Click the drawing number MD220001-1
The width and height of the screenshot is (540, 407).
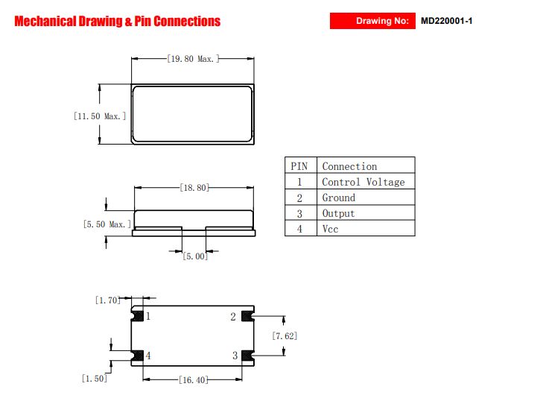[x=446, y=21]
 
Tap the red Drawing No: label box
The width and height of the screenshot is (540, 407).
[x=372, y=21]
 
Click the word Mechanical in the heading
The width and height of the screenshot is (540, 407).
[x=45, y=22]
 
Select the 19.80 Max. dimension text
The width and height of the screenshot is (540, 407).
[x=193, y=59]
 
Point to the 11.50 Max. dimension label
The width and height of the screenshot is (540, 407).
[x=100, y=116]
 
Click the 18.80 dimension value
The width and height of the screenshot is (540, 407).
[x=194, y=188]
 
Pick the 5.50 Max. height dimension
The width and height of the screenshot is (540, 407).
[x=107, y=224]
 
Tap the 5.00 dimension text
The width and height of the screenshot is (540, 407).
[x=195, y=256]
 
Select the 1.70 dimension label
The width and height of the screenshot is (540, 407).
[x=108, y=300]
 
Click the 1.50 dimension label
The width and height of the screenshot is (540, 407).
[x=95, y=379]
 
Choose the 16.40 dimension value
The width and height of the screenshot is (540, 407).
[x=194, y=379]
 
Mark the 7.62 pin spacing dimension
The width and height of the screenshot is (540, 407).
[x=285, y=335]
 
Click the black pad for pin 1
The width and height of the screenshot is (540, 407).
[x=138, y=316]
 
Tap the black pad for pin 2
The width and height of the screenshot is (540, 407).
[x=247, y=316]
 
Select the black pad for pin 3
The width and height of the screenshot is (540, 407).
[x=247, y=356]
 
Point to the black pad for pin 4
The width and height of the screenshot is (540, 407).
[x=138, y=356]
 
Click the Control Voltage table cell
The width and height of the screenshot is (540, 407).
[x=366, y=182]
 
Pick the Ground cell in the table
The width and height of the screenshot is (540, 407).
[x=366, y=197]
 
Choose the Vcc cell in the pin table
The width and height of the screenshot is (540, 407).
[x=366, y=228]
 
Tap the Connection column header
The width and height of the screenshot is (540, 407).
[x=366, y=165]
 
